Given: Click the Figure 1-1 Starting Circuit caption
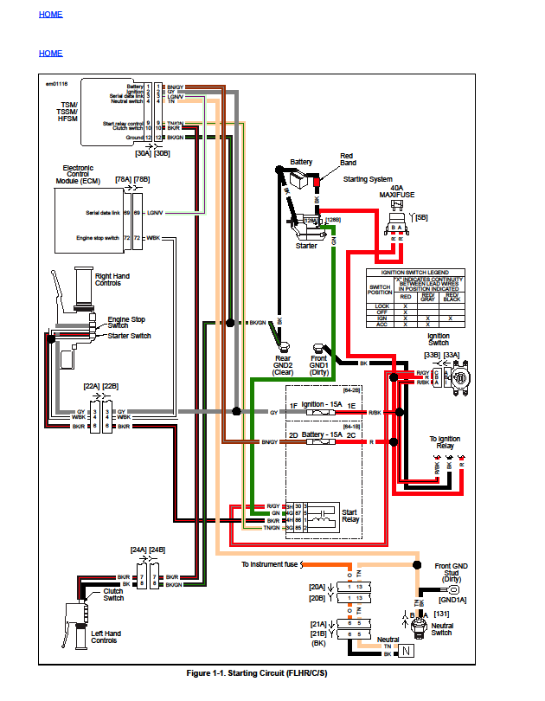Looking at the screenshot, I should pos(257,672).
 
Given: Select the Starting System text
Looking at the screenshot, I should pos(368,179).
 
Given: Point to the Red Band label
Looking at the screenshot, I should pos(348,159).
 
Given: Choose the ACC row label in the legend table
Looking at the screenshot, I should pos(381,323).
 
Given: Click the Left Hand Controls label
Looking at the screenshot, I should pos(106,637).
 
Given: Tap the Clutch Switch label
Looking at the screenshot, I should pos(113,595).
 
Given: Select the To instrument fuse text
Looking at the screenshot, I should pos(269,564).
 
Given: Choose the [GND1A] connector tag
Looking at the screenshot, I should pos(452,598).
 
